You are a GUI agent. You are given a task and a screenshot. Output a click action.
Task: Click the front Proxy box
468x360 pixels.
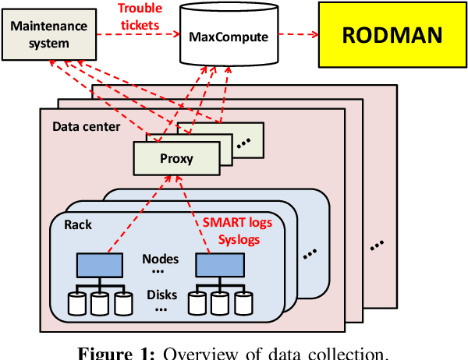175,159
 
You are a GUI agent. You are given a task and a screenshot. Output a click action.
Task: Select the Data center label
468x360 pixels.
86,125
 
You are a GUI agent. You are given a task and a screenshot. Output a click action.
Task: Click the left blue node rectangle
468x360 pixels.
98,266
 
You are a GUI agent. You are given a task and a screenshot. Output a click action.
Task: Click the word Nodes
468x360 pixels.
160,259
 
